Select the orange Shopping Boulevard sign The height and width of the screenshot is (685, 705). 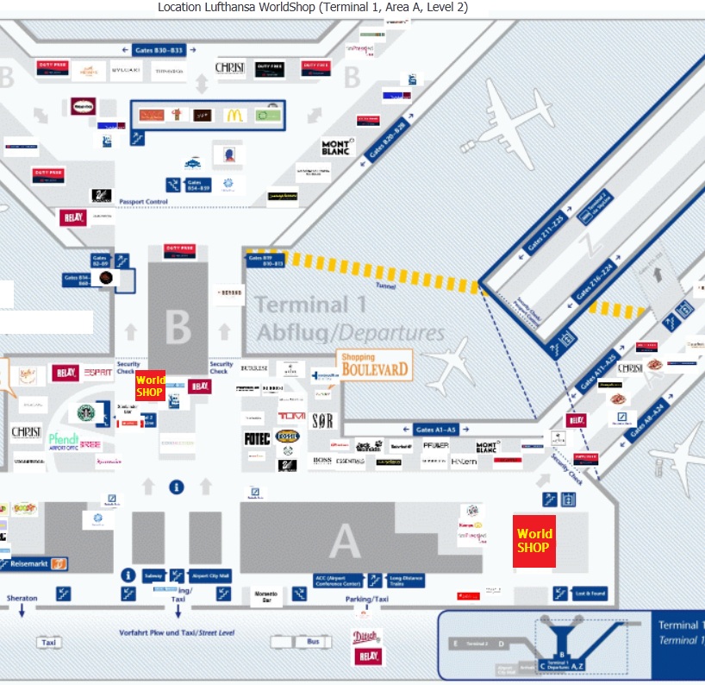(x=374, y=365)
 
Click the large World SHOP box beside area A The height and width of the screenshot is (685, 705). (x=534, y=541)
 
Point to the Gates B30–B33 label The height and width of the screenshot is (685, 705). (x=160, y=51)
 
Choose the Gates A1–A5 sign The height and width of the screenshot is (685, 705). (x=435, y=429)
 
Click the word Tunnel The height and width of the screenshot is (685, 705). (x=385, y=286)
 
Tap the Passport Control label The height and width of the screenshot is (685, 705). (x=143, y=201)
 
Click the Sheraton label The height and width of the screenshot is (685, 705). (x=22, y=598)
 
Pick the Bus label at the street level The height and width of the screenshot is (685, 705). (x=312, y=642)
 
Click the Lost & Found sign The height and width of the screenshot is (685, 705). (x=591, y=594)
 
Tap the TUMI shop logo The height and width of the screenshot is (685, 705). (x=291, y=417)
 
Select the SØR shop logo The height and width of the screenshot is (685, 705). (x=322, y=422)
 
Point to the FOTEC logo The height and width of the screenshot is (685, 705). (x=257, y=438)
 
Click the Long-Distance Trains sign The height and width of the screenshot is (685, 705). (x=406, y=581)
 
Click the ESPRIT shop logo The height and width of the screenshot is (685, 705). (x=97, y=373)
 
